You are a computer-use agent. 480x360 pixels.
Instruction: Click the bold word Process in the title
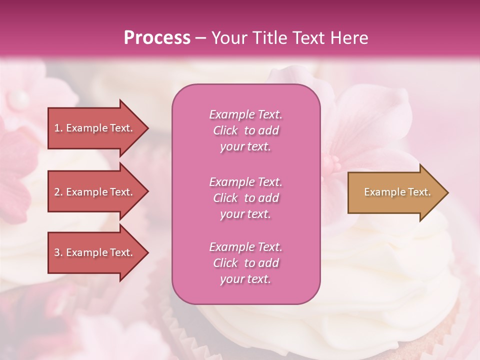[157, 37]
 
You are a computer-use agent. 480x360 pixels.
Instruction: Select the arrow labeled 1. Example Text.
[95, 128]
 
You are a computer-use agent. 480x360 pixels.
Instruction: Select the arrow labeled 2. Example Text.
[95, 192]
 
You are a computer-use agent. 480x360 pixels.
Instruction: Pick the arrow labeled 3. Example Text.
[95, 252]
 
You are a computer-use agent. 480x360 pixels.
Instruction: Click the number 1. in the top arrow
[58, 128]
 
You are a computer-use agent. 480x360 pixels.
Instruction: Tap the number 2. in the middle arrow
[58, 192]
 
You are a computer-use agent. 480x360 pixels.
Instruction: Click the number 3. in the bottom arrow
[58, 252]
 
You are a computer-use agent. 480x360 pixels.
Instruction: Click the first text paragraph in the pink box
[245, 130]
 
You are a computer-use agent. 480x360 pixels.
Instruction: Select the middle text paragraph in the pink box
[245, 198]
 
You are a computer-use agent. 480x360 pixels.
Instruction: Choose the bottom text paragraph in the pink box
[245, 263]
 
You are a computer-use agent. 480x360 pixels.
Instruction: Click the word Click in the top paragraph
[225, 130]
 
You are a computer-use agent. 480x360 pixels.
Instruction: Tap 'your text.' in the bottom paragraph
[245, 279]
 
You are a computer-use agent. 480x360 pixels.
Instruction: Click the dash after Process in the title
[201, 38]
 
